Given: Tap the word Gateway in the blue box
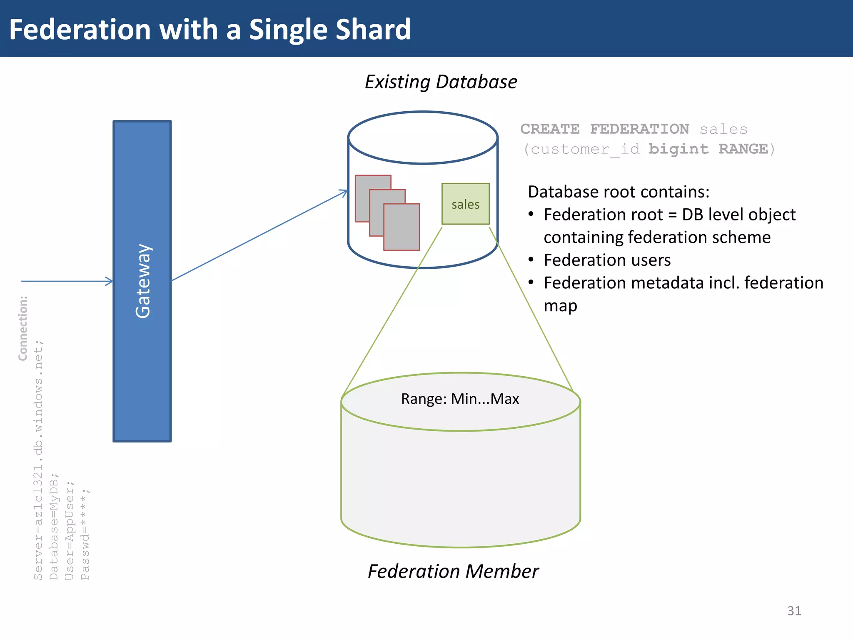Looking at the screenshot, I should (143, 281).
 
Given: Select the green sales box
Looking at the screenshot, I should (465, 204).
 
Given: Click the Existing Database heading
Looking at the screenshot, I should (441, 82).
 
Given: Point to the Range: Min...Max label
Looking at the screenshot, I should (460, 399).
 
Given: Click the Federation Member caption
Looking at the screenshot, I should (453, 571).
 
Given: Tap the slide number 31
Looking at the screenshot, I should (794, 610).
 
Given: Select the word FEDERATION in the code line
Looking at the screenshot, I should (639, 129).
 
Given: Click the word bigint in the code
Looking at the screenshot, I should (678, 149).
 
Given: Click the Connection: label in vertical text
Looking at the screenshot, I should (23, 328).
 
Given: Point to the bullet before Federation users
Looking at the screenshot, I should (531, 260).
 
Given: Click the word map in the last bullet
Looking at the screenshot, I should (560, 306).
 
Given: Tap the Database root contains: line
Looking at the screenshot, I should (619, 192).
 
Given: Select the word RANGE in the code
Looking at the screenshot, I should (743, 149).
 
